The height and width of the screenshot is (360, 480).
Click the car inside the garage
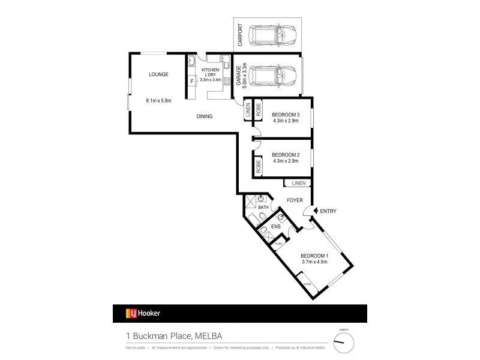pyautogui.click(x=272, y=76)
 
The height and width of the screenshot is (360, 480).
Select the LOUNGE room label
pyautogui.click(x=158, y=74)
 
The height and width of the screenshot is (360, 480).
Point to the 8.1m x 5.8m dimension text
pyautogui.click(x=158, y=101)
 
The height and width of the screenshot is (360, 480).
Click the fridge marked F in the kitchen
pyautogui.click(x=191, y=81)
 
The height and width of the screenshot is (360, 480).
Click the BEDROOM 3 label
pyautogui.click(x=285, y=114)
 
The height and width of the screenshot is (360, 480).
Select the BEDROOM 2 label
pyautogui.click(x=285, y=154)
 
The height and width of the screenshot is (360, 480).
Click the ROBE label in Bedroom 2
pyautogui.click(x=258, y=166)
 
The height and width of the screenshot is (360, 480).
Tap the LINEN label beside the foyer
pyautogui.click(x=299, y=182)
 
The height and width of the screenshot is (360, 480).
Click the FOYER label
pyautogui.click(x=294, y=200)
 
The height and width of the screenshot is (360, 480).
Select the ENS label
pyautogui.click(x=275, y=227)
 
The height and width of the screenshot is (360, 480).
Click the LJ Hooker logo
pyautogui.click(x=143, y=313)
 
